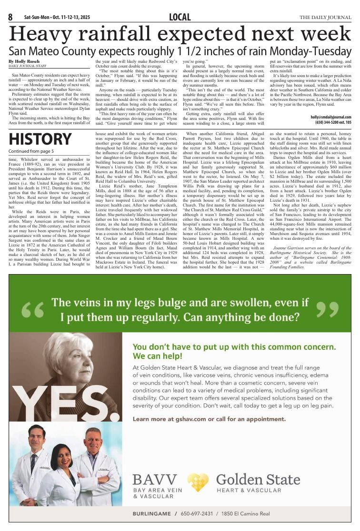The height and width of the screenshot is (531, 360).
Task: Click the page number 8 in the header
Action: pos(10,18)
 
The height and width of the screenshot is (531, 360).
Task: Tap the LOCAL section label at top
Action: pos(180,18)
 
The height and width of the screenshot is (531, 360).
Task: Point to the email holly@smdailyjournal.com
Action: pos(331,117)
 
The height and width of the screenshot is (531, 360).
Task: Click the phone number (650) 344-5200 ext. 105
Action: pos(330,122)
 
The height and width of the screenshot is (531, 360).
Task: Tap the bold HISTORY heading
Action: pos(40,139)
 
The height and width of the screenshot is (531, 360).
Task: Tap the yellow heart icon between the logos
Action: pos(198,482)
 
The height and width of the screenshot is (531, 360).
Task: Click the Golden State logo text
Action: pos(258,479)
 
